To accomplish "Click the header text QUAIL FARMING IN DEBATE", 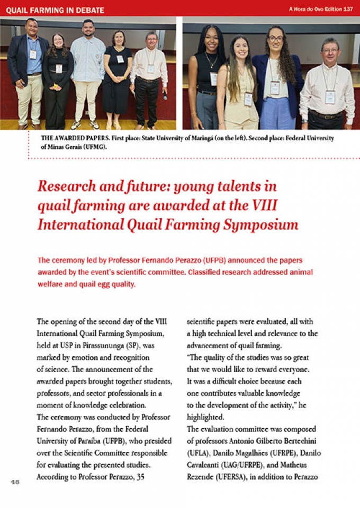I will (55, 10).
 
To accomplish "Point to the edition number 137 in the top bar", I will (348, 10).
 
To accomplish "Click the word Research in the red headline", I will (66, 186).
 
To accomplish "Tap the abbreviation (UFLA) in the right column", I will (199, 453).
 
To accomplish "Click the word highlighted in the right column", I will (206, 417).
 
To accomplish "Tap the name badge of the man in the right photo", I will (330, 97).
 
